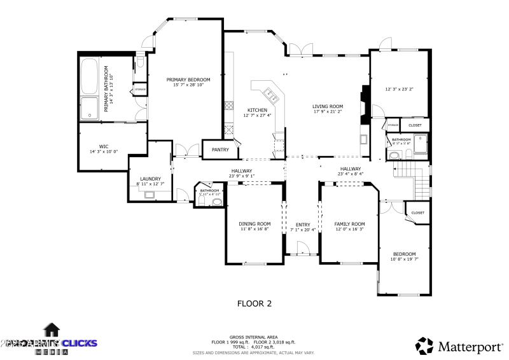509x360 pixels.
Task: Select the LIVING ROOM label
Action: [328, 106]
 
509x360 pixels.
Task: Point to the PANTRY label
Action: [220, 149]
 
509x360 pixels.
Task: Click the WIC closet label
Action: [104, 146]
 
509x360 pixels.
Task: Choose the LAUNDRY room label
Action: [150, 179]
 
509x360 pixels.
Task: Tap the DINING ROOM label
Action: [254, 224]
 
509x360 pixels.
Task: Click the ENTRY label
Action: [303, 225]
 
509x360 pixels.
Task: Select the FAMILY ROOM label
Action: [350, 224]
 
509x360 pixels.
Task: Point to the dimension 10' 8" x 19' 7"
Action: [405, 259]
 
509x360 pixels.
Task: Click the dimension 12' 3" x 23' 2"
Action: [399, 89]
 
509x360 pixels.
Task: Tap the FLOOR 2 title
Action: [254, 303]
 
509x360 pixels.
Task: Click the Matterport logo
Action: [460, 346]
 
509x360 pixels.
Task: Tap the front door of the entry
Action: [303, 253]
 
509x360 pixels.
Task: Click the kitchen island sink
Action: [272, 96]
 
